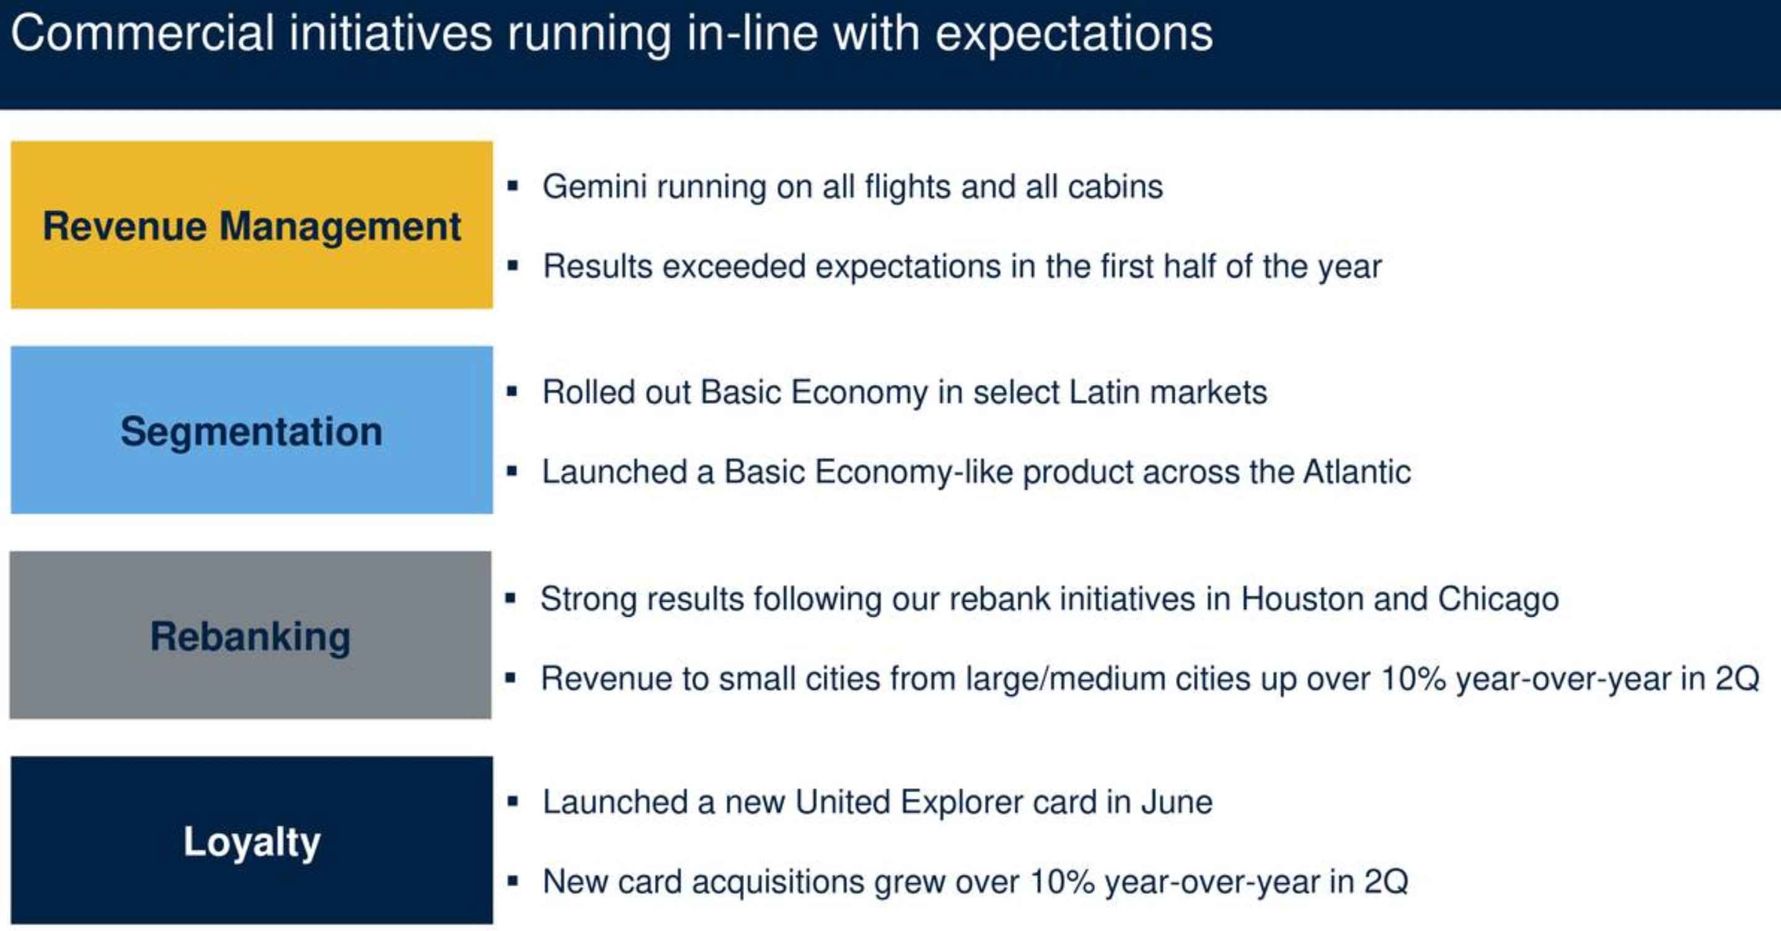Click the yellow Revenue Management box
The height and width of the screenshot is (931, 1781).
(252, 225)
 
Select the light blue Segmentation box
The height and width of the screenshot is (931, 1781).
(252, 430)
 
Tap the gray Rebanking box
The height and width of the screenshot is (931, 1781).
(250, 635)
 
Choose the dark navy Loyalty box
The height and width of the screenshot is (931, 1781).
(252, 840)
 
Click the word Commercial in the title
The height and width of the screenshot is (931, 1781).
(143, 33)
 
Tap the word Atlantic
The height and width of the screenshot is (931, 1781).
(1356, 472)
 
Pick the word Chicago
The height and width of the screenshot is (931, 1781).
(1498, 600)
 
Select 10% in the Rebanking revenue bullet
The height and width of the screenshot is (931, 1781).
(1413, 679)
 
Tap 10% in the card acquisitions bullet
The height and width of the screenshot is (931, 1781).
(1062, 882)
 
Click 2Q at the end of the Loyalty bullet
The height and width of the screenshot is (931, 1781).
(1385, 882)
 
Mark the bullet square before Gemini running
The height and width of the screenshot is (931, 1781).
(512, 185)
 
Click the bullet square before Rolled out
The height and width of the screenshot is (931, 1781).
(512, 391)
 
